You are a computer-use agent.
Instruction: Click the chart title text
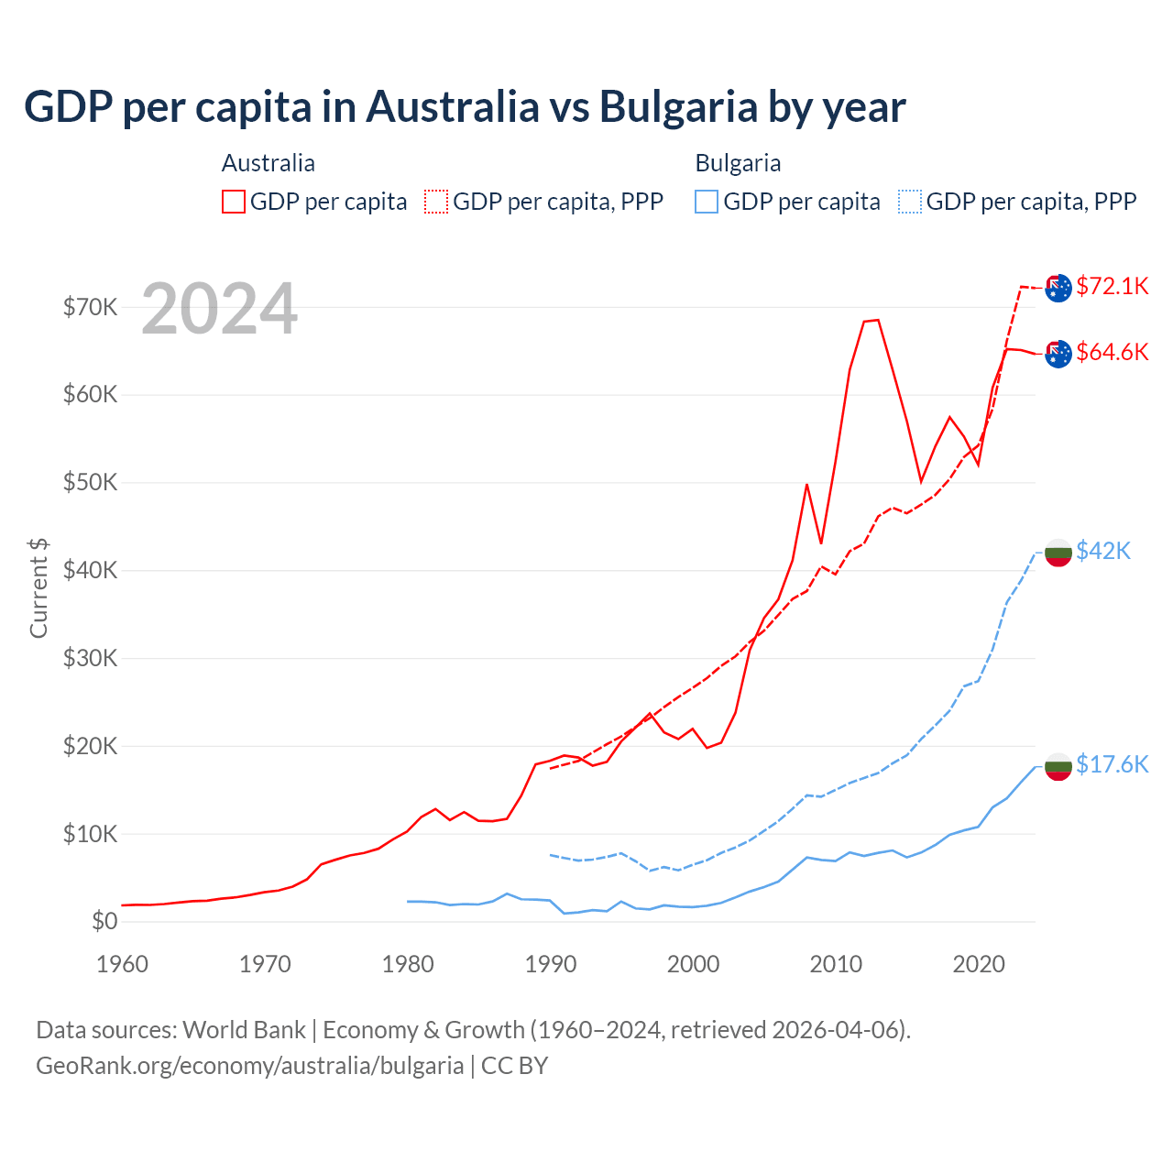pyautogui.click(x=465, y=107)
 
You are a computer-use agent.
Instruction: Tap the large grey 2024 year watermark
pyautogui.click(x=219, y=309)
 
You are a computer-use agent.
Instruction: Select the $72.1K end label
pyautogui.click(x=1112, y=286)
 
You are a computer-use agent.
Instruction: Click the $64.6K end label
pyautogui.click(x=1112, y=352)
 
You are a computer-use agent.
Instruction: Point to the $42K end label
pyautogui.click(x=1103, y=551)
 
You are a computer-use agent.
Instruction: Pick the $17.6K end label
pyautogui.click(x=1112, y=764)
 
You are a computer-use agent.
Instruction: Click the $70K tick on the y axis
pyautogui.click(x=90, y=307)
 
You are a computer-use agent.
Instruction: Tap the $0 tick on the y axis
pyautogui.click(x=104, y=921)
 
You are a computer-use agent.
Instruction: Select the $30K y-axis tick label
pyautogui.click(x=90, y=658)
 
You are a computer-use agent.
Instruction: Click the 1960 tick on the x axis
pyautogui.click(x=122, y=964)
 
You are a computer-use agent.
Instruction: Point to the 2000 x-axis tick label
pyautogui.click(x=693, y=964)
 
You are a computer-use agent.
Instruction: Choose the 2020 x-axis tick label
pyautogui.click(x=979, y=964)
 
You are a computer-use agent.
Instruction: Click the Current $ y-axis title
pyautogui.click(x=38, y=588)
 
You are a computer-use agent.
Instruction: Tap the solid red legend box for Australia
pyautogui.click(x=234, y=202)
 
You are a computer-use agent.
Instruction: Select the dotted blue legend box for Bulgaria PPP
pyautogui.click(x=910, y=202)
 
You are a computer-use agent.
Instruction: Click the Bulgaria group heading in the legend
pyautogui.click(x=738, y=163)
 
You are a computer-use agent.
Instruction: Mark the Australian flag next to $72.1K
pyautogui.click(x=1058, y=287)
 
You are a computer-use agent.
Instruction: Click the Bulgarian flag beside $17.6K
pyautogui.click(x=1058, y=765)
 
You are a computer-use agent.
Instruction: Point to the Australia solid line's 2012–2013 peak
pyautogui.click(x=872, y=320)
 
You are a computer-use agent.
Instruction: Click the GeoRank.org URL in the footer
pyautogui.click(x=249, y=1066)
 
